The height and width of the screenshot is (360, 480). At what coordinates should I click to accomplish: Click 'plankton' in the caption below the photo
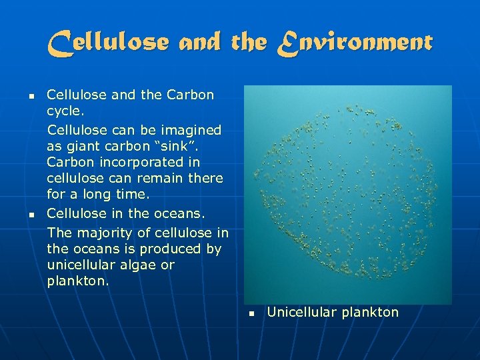[369, 312]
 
